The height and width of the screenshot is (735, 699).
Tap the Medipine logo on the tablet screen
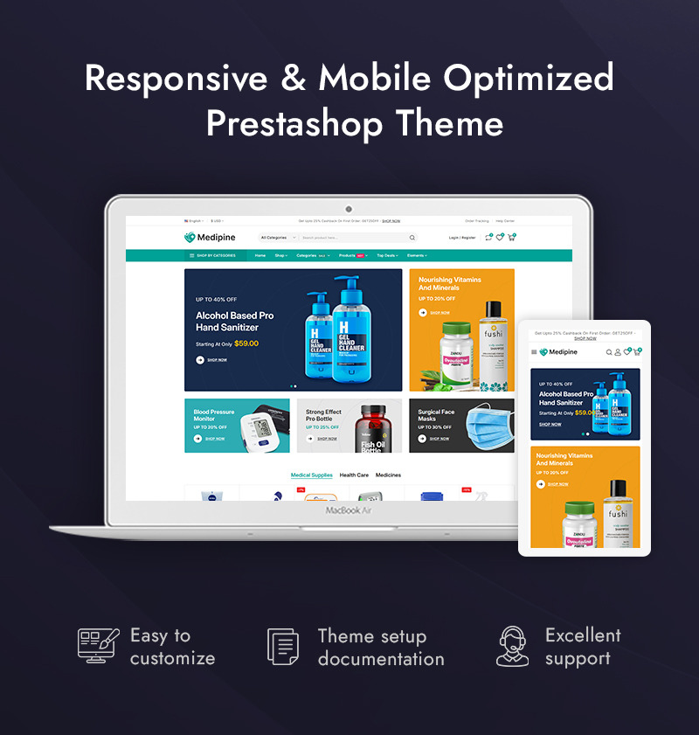coord(558,352)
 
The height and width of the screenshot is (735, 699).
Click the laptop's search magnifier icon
coord(412,238)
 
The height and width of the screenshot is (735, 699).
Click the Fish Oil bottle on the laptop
coord(372,428)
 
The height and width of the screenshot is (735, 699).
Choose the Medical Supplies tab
coord(311,475)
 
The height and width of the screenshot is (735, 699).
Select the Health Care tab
coord(354,475)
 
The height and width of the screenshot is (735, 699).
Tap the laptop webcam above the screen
coord(349,209)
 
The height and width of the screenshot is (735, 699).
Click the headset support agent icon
coord(513,647)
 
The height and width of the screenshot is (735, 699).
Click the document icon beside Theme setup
coord(283,647)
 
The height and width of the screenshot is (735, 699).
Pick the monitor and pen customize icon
coord(96,646)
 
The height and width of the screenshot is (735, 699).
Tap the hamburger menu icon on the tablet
coord(534,352)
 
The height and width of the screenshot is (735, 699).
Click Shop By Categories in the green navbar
coord(212,256)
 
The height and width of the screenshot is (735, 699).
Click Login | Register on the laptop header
coord(462,238)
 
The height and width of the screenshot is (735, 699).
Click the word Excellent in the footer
coord(583,635)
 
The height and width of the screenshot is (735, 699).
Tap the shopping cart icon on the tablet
coord(637,352)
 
